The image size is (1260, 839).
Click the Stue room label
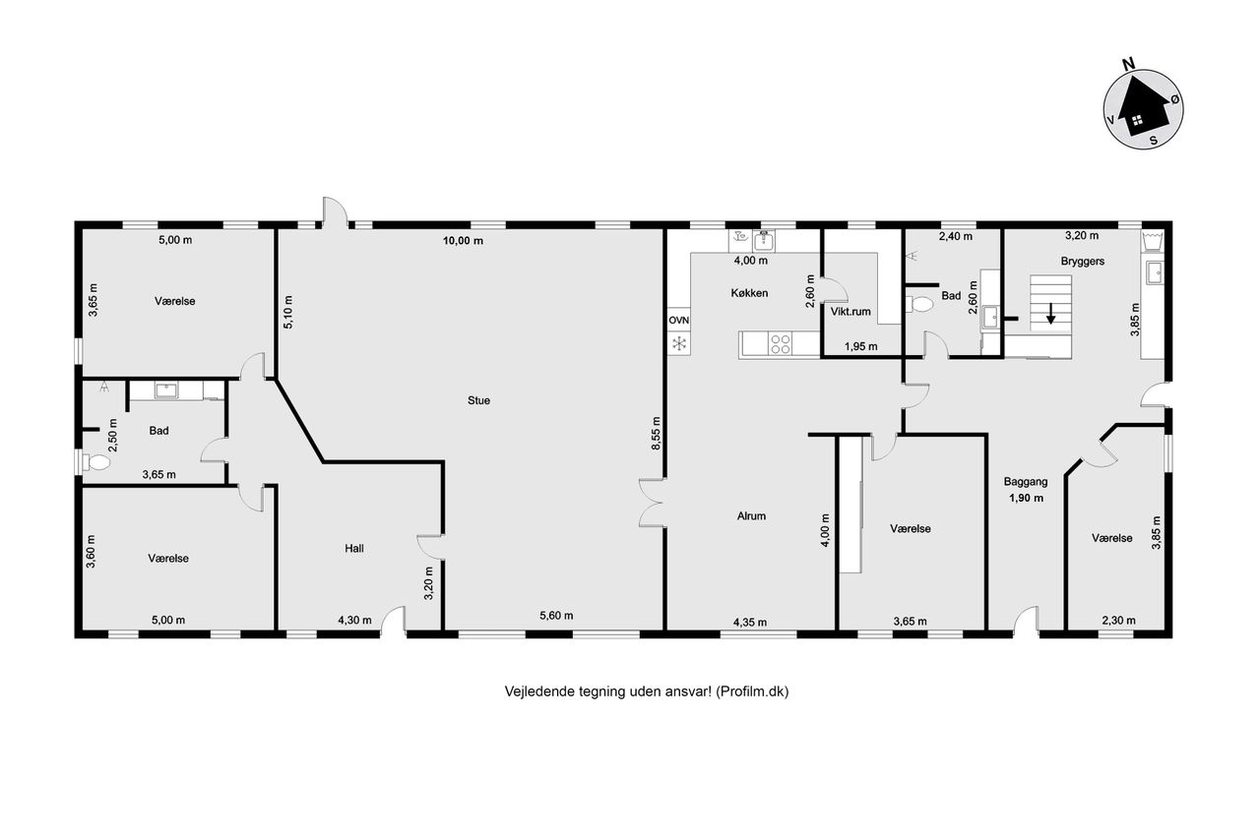[478, 400]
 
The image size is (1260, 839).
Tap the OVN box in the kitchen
[679, 321]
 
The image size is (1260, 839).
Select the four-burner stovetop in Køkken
[781, 344]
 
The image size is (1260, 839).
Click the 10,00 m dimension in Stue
[463, 241]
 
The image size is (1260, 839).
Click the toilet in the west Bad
[95, 463]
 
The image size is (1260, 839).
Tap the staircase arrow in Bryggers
[1050, 314]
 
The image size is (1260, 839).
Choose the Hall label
[354, 549]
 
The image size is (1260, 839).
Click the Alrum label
[751, 515]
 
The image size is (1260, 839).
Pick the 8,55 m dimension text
[656, 433]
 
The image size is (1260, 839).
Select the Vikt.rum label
[850, 312]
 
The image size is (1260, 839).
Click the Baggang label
[1026, 482]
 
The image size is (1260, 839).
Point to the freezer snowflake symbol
[679, 343]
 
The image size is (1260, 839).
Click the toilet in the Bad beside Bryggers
[919, 305]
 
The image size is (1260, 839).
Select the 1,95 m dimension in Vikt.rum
[860, 347]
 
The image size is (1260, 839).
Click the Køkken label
[749, 293]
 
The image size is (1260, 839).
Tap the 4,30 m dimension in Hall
[354, 621]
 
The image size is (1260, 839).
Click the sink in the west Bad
[166, 390]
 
